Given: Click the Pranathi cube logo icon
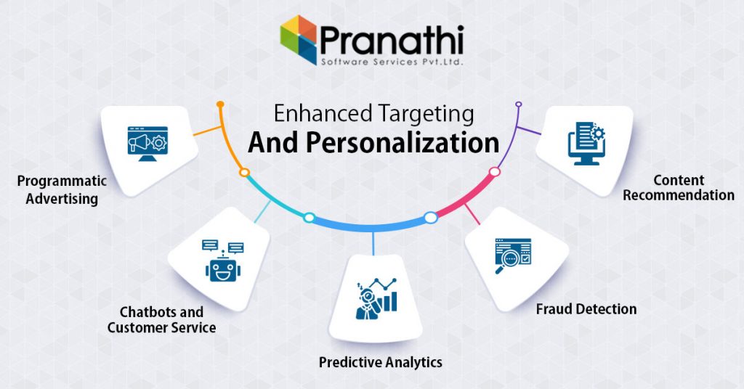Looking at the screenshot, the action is pyautogui.click(x=299, y=39).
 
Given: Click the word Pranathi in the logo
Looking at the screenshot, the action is pyautogui.click(x=392, y=40).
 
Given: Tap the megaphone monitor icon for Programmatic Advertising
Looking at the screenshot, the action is pyautogui.click(x=147, y=144).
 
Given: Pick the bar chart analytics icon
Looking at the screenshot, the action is pyautogui.click(x=376, y=298).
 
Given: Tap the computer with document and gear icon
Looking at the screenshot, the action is pyautogui.click(x=586, y=144).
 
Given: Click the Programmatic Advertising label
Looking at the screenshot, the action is pyautogui.click(x=62, y=189).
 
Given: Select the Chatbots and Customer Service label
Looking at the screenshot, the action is pyautogui.click(x=161, y=320).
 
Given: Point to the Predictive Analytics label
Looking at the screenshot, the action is pyautogui.click(x=381, y=362).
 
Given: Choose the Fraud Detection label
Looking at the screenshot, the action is pyautogui.click(x=586, y=309).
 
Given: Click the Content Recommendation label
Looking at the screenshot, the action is pyautogui.click(x=679, y=188).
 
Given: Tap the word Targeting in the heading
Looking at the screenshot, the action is pyautogui.click(x=426, y=115).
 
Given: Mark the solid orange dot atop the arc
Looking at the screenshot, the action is pyautogui.click(x=220, y=104).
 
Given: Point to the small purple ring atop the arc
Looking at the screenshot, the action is pyautogui.click(x=519, y=104).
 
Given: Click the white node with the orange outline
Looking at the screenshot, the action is pyautogui.click(x=244, y=173).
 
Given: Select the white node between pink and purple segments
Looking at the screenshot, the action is pyautogui.click(x=494, y=171).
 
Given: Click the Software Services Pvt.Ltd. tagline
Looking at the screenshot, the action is pyautogui.click(x=392, y=62).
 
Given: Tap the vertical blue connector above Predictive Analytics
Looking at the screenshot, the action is pyautogui.click(x=373, y=243).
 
